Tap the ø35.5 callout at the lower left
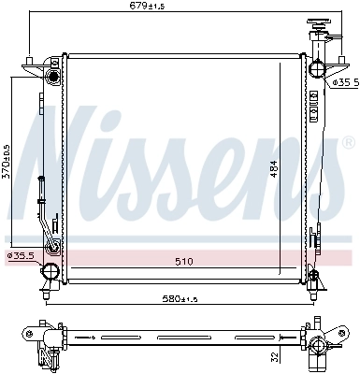tap(21, 255)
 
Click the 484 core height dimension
tap(275, 165)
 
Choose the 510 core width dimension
tap(182, 262)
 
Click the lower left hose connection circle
tap(49, 273)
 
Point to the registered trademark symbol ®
tap(349, 144)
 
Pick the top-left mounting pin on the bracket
tap(32, 62)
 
